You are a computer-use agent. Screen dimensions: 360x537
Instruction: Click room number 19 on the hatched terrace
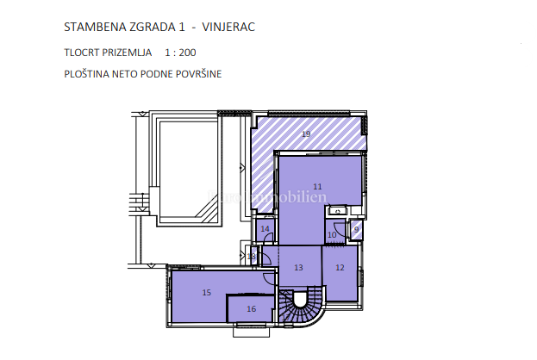click(306, 134)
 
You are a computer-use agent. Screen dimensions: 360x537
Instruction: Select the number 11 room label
click(317, 187)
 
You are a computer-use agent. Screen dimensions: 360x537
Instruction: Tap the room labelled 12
click(340, 268)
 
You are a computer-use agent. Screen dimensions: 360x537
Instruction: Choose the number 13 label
click(298, 268)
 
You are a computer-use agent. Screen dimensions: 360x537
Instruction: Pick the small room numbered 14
click(265, 229)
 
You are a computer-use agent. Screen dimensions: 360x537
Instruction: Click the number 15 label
click(206, 293)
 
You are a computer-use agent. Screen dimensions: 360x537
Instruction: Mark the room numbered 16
click(251, 308)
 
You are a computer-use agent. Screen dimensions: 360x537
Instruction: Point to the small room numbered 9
click(356, 229)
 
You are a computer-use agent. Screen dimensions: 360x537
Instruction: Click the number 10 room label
click(332, 235)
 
